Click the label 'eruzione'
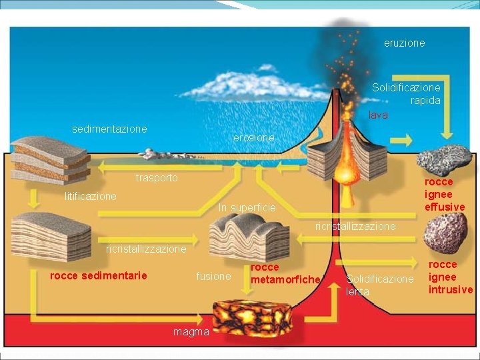(x=404, y=43)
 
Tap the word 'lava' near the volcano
(x=378, y=115)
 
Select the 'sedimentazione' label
(x=109, y=129)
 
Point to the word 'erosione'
(x=253, y=137)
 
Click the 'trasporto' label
(x=157, y=178)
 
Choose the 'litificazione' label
(x=90, y=196)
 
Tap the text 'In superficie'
(x=247, y=208)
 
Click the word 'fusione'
(x=213, y=276)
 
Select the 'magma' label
(x=191, y=331)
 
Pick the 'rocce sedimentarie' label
(x=99, y=275)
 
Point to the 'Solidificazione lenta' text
(x=380, y=285)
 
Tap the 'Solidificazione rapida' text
(x=406, y=94)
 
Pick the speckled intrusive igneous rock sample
(x=445, y=233)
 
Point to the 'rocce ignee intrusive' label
(x=450, y=277)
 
